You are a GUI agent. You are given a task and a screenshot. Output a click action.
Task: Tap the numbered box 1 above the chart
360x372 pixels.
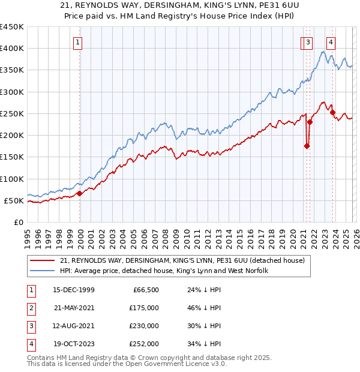[79, 42]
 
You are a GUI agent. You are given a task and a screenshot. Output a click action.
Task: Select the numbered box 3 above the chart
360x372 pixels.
[307, 42]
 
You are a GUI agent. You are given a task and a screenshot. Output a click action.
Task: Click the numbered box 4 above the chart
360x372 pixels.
[331, 42]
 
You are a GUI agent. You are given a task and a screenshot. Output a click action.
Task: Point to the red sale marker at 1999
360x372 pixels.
[79, 193]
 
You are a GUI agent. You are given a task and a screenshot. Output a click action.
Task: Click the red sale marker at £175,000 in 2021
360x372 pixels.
[307, 146]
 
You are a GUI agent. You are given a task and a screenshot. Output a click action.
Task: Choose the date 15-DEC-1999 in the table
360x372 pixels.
[74, 290]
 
